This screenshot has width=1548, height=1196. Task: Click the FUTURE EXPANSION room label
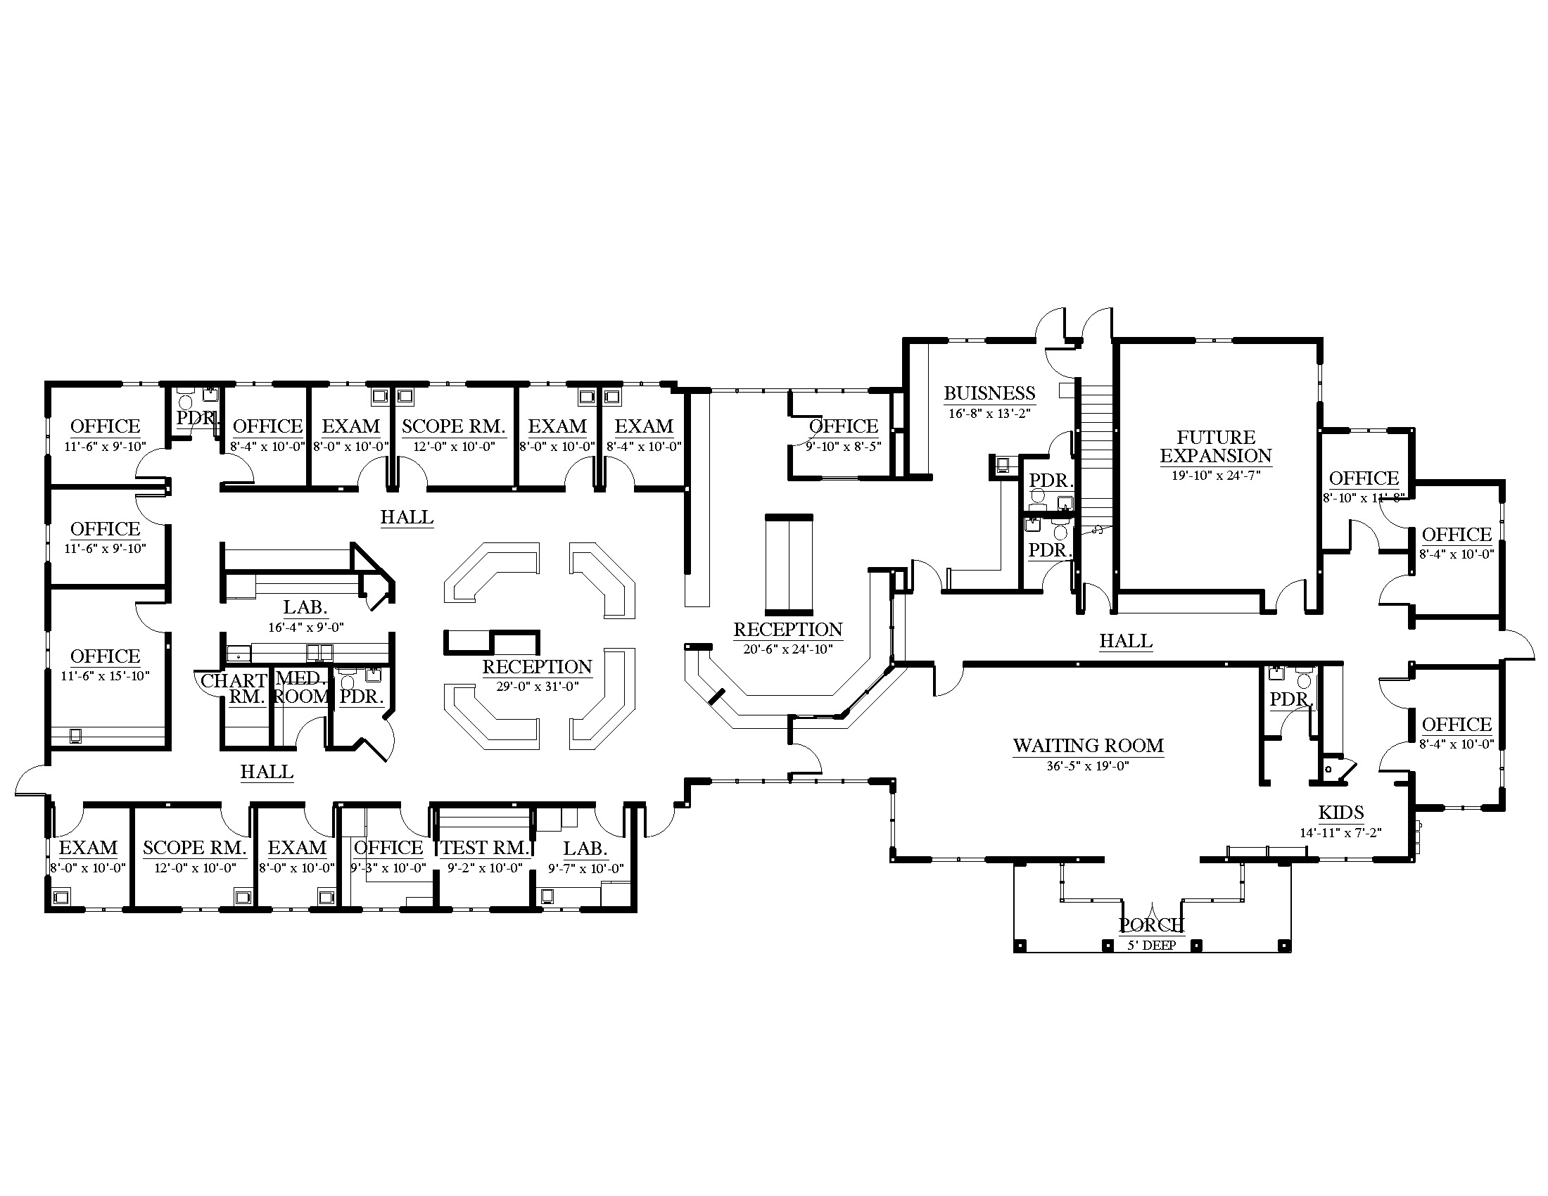1216,446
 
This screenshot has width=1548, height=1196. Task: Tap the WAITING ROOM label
1088,745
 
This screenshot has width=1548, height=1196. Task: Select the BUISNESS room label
989,393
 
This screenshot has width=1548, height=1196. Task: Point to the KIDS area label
1341,813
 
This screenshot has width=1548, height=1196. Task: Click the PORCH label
1151,924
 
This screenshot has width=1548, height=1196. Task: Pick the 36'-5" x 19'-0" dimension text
1088,766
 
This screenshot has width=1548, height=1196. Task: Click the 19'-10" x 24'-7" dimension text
1216,476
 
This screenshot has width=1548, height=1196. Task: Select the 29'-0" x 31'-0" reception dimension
538,687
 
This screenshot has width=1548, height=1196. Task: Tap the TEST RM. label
486,848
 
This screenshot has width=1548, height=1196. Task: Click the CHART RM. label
234,689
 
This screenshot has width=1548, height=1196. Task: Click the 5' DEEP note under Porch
1152,945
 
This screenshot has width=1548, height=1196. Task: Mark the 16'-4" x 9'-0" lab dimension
305,627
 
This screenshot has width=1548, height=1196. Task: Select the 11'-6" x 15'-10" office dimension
105,676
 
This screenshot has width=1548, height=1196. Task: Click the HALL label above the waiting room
1126,641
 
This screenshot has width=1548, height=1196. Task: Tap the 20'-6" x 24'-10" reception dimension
787,649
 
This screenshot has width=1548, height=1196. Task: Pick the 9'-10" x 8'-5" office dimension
844,447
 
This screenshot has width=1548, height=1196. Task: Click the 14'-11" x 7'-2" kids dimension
1341,833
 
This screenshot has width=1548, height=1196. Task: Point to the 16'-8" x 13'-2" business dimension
989,414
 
